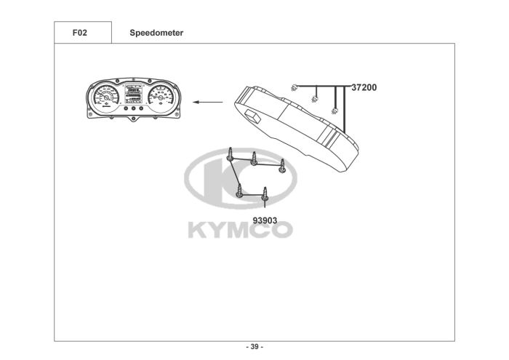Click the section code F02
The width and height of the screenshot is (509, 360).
80,33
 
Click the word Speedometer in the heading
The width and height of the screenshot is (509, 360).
156,33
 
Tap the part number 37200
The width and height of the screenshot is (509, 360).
364,88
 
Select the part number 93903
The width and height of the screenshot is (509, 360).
265,221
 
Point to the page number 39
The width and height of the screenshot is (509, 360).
254,347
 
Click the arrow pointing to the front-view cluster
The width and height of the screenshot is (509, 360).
208,103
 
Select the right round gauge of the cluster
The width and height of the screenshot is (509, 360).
161,96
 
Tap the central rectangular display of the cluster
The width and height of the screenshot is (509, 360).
133,93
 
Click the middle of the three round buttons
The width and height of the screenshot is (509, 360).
133,108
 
